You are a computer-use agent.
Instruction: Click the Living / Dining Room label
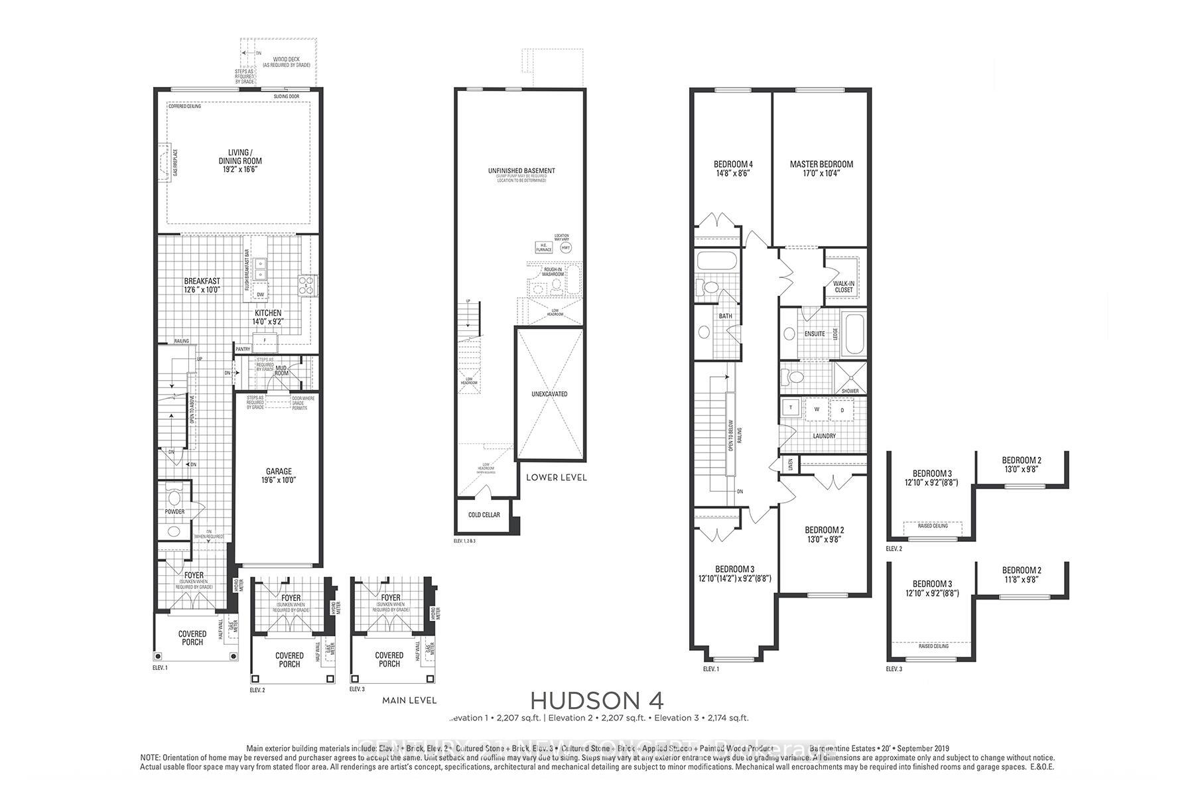pyautogui.click(x=240, y=157)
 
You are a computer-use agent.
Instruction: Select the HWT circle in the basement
pyautogui.click(x=566, y=247)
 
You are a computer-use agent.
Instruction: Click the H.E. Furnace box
pyautogui.click(x=543, y=247)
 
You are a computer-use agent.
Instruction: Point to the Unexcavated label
pyautogui.click(x=549, y=394)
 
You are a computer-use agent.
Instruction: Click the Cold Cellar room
pyautogui.click(x=484, y=515)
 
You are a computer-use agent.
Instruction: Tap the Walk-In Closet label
pyautogui.click(x=844, y=287)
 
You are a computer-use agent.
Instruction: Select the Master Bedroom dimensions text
pyautogui.click(x=821, y=174)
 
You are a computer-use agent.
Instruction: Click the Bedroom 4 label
pyautogui.click(x=733, y=165)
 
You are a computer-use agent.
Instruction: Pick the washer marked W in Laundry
pyautogui.click(x=817, y=409)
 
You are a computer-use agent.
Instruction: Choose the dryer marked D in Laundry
pyautogui.click(x=842, y=409)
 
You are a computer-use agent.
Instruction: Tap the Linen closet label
pyautogui.click(x=790, y=464)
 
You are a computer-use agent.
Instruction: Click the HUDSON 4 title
pyautogui.click(x=596, y=700)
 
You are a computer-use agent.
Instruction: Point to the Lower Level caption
pyautogui.click(x=556, y=477)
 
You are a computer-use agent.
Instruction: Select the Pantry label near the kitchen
pyautogui.click(x=243, y=349)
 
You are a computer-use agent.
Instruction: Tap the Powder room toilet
pyautogui.click(x=175, y=497)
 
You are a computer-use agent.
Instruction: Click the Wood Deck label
pyautogui.click(x=281, y=60)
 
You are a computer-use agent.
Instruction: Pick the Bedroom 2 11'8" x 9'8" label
pyautogui.click(x=1021, y=574)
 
